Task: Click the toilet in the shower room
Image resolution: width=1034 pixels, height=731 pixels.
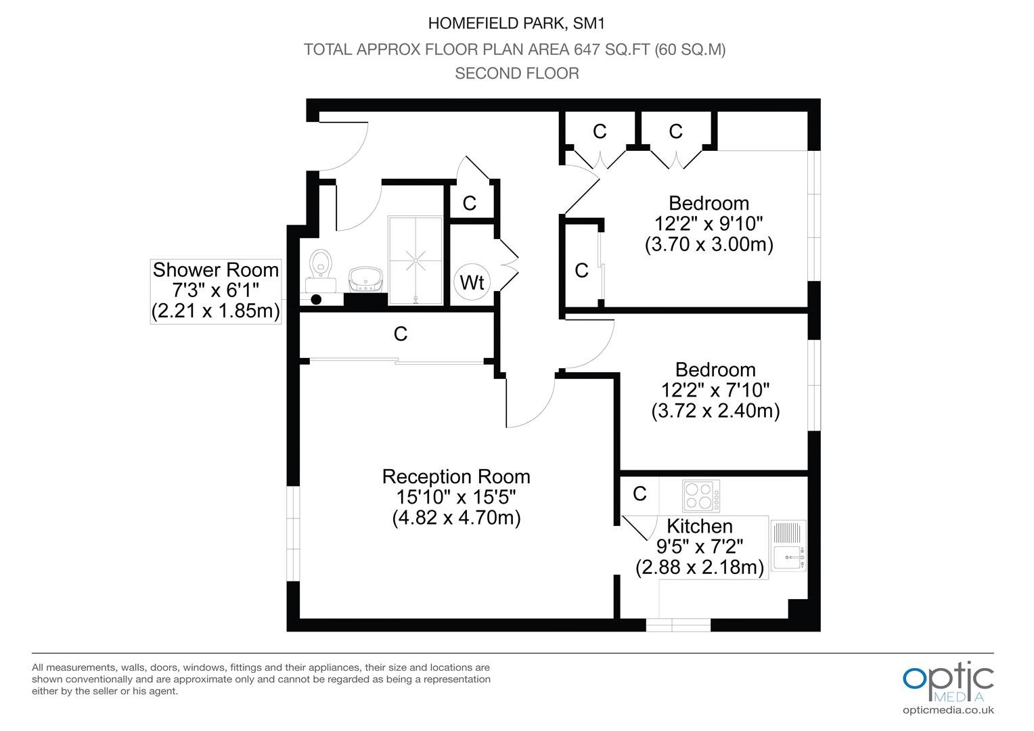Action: point(321,270)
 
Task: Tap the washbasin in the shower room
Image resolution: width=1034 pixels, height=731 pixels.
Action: point(365,280)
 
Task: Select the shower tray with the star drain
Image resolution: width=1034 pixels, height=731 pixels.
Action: point(415,261)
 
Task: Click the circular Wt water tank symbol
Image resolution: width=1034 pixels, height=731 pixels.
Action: point(472,282)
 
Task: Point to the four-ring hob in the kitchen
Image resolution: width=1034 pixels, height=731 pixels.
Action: point(700,496)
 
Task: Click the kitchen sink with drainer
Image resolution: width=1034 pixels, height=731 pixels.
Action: point(788,546)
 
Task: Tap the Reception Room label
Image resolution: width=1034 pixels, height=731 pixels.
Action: point(456,477)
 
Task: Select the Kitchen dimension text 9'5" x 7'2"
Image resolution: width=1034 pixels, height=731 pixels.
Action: point(700,547)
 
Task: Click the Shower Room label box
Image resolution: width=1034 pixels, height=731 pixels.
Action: point(216,291)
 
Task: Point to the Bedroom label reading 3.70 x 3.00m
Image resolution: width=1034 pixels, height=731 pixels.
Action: point(709,223)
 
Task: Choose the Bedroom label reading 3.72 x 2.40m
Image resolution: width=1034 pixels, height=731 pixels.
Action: point(715,391)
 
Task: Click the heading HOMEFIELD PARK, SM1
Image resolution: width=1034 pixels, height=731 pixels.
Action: point(516,23)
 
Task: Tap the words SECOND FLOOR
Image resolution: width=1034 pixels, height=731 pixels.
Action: point(517,73)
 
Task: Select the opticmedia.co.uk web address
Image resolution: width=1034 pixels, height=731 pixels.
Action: point(948,710)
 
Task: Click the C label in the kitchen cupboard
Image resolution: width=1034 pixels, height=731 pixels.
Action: point(639,494)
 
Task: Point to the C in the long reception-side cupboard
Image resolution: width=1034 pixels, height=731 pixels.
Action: point(400,334)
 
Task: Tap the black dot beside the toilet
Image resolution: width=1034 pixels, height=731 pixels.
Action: point(316,300)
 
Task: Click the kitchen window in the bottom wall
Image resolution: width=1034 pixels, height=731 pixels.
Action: point(677,625)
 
